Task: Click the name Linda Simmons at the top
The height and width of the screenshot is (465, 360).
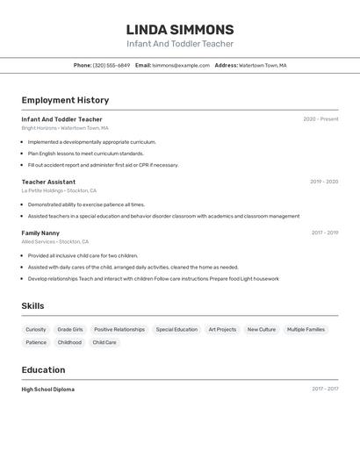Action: (180, 30)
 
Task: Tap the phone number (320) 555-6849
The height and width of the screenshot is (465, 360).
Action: (112, 65)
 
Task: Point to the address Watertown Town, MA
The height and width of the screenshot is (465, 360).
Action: (263, 65)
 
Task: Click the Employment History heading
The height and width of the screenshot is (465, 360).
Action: (65, 100)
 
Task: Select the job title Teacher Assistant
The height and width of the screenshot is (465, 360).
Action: (48, 182)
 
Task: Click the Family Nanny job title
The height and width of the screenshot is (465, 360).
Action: (42, 232)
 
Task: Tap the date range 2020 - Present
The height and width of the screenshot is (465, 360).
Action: (320, 119)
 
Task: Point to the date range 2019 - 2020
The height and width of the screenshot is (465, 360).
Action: (324, 182)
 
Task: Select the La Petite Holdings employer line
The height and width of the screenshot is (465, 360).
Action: (59, 190)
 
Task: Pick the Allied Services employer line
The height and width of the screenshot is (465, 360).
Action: (55, 241)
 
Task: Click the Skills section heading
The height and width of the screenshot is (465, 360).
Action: (32, 306)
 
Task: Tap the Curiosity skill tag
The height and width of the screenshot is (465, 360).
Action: (36, 330)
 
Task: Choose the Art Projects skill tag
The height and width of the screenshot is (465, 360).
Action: (222, 330)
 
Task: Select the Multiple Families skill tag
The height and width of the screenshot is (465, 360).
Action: (306, 330)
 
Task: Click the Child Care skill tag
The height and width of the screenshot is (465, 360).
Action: (104, 343)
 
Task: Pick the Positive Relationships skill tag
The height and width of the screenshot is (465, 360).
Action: (119, 330)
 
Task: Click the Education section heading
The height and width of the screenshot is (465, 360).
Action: (44, 369)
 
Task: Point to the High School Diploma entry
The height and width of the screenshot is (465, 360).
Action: (48, 389)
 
